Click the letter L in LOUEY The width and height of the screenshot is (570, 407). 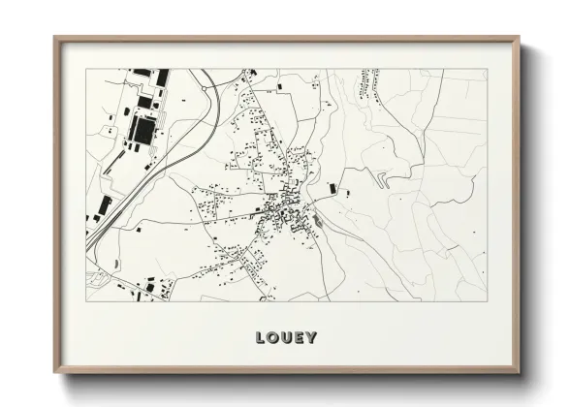click(260, 339)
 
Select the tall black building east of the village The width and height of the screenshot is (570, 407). click(332, 187)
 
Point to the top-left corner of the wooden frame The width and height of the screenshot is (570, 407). click(54, 38)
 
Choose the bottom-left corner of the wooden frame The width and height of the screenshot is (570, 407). click(54, 371)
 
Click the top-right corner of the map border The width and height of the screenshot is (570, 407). click(488, 69)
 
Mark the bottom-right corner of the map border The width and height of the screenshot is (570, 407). click(488, 300)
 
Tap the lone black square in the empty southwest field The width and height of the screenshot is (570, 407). click(137, 231)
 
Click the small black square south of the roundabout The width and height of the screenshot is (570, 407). click(280, 88)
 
